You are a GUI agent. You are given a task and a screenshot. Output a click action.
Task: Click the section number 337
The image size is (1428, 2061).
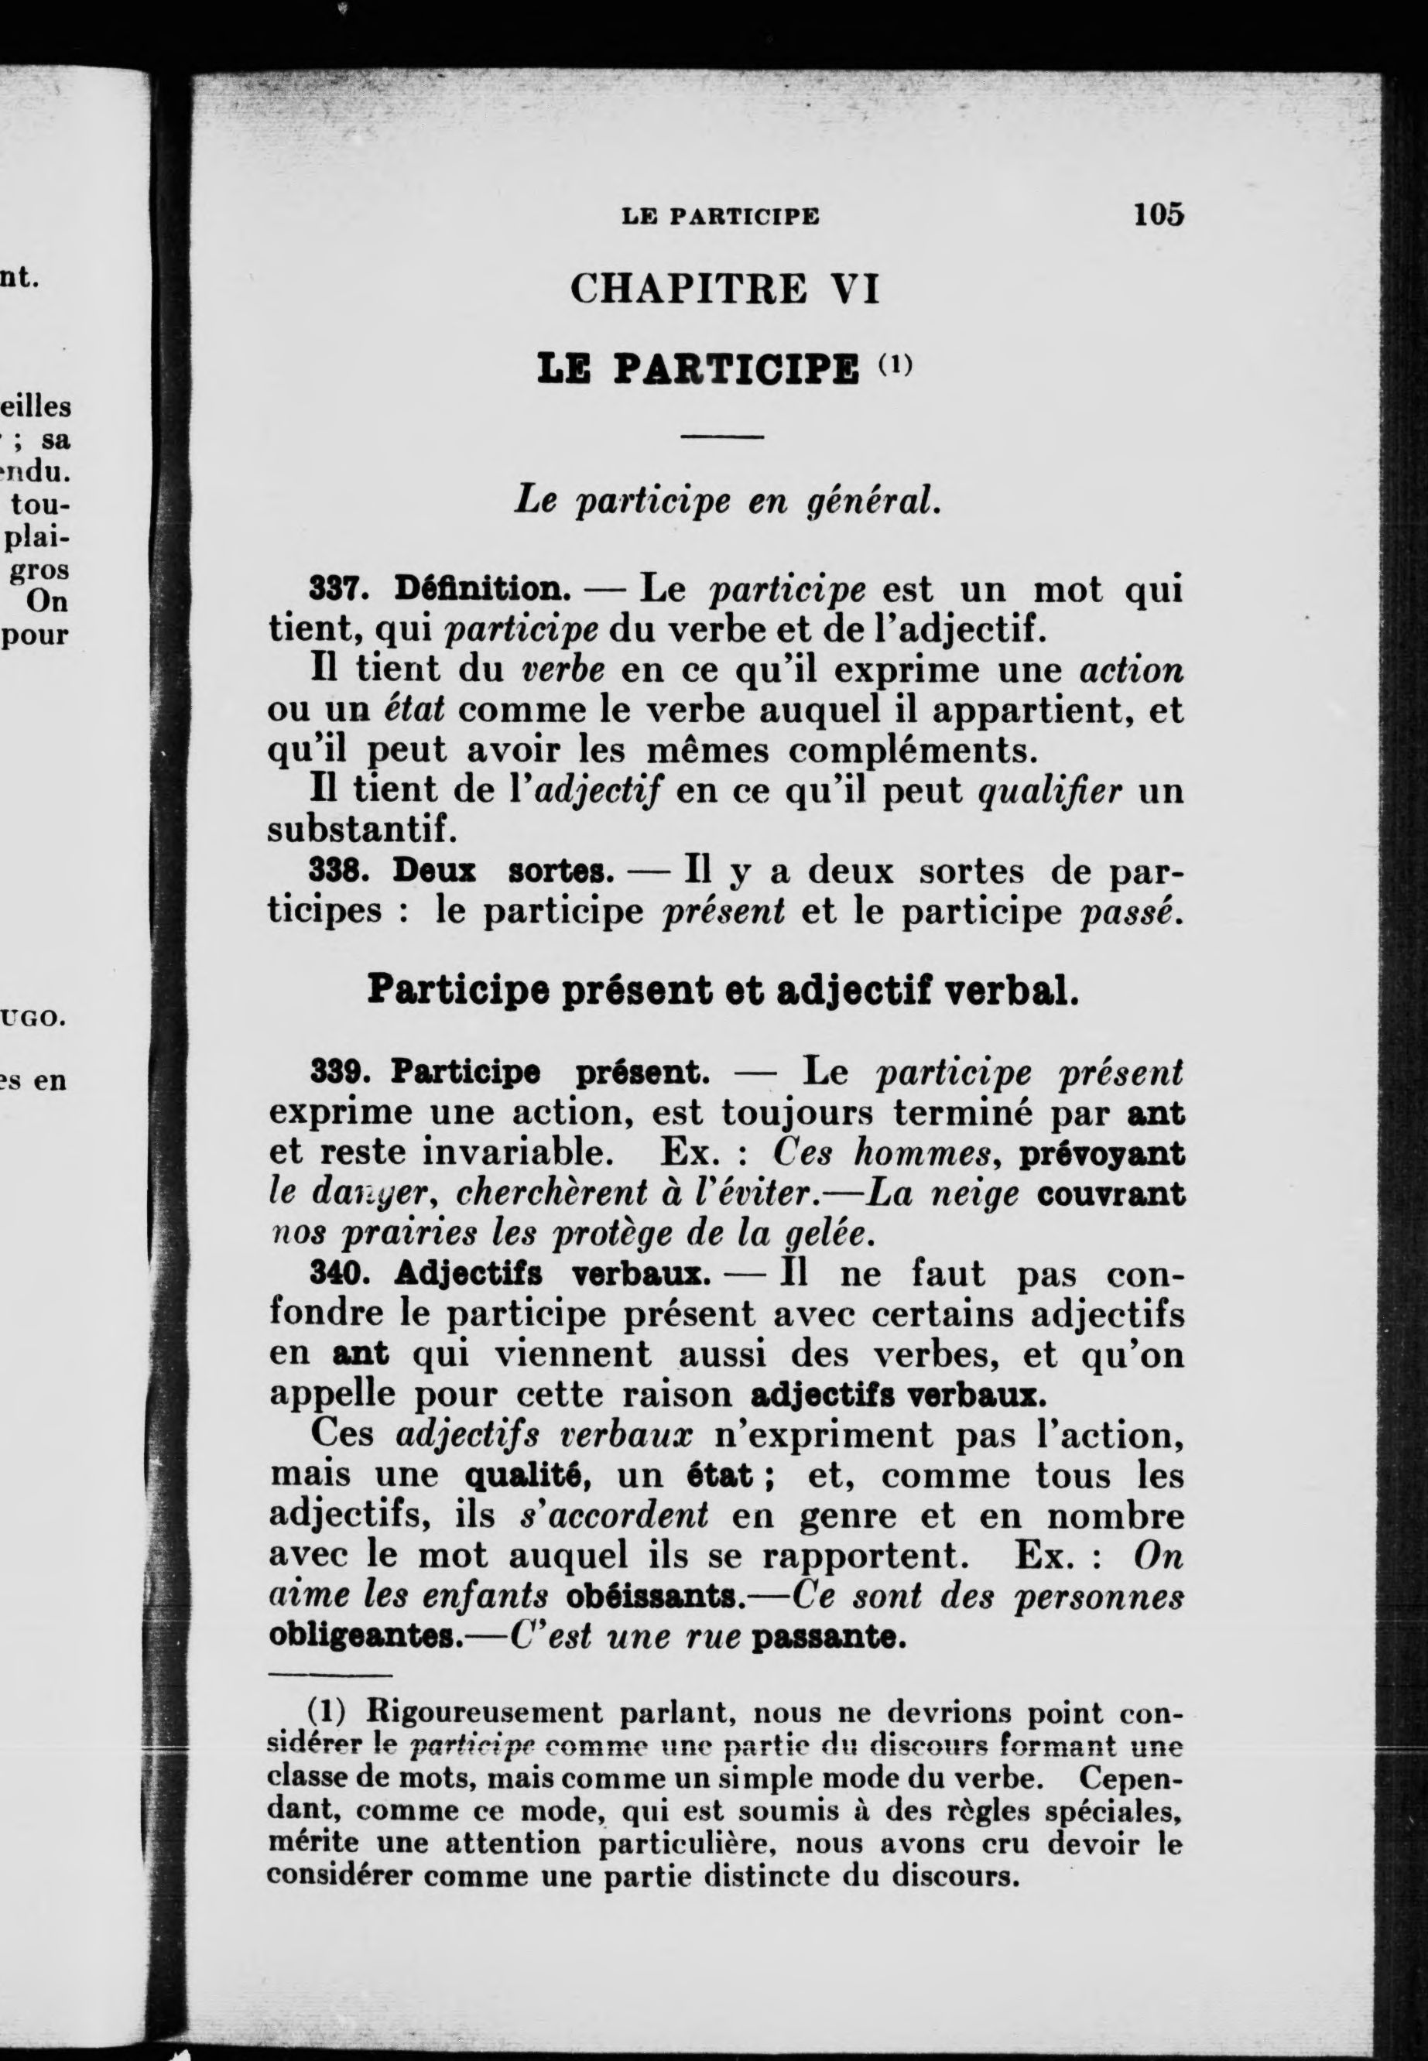click(x=334, y=590)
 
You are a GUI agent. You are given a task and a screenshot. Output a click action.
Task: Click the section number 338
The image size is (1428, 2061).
click(x=334, y=871)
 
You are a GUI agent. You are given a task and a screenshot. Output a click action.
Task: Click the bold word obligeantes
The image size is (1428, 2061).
click(x=361, y=1636)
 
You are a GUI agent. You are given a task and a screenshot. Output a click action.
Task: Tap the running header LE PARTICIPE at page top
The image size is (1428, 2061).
click(x=721, y=217)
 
